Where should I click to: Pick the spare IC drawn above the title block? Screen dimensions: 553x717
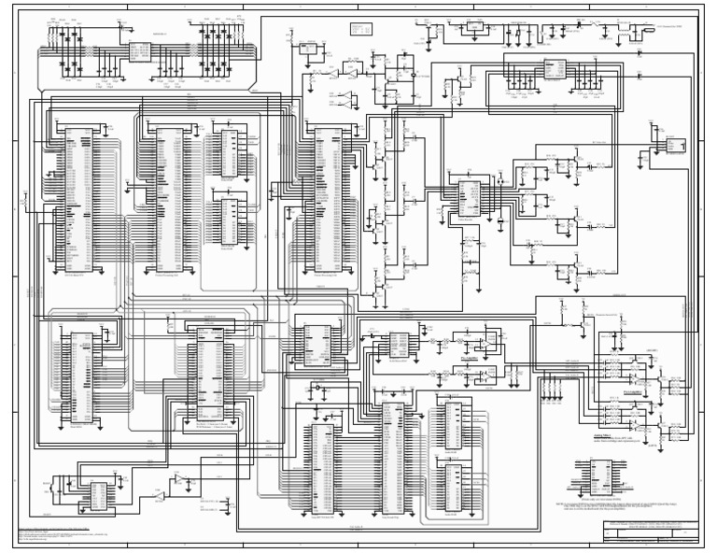point(592,477)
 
